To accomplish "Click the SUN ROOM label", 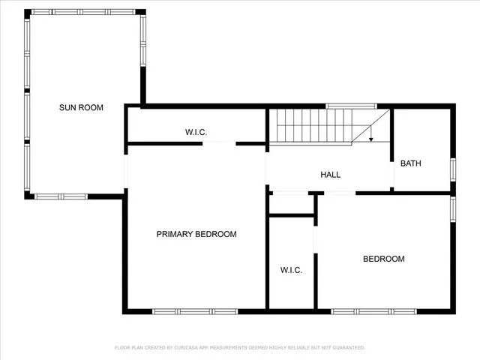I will pos(81,108).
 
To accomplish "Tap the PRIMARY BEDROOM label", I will pos(196,235).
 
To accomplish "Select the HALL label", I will pos(331,175).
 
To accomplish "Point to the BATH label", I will pos(410,163).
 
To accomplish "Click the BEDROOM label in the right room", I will pos(383,259).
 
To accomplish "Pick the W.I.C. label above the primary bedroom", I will pos(196,133).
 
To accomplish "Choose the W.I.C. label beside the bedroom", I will pos(291,270).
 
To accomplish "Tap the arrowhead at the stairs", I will pos(370,139).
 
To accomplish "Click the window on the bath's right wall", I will pos(452,169).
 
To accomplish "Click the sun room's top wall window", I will pos(82,12).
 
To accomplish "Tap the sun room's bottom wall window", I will pos(61,196).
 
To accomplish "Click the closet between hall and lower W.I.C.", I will pos(290,204).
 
